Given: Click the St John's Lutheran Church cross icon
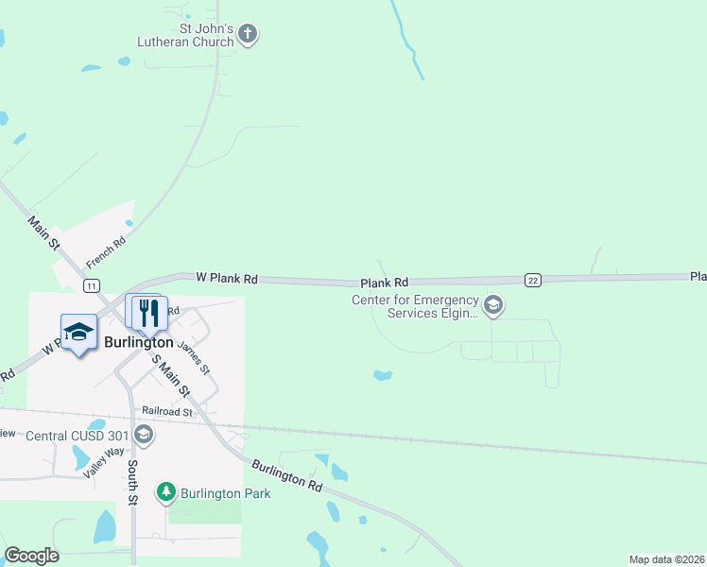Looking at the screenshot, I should (248, 35).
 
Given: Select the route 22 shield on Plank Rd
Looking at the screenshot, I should (533, 280).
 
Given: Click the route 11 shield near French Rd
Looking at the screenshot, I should (91, 284).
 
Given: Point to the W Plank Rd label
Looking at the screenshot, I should (227, 278).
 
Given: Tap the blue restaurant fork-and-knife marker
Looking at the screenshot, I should (146, 312).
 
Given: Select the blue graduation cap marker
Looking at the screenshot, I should (79, 332).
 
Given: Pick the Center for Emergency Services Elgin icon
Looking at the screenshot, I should (492, 305).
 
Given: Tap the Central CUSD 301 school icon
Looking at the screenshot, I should (144, 435).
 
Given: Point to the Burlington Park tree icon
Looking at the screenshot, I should (166, 492).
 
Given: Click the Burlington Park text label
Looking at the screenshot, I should (227, 493).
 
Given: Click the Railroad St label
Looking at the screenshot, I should (167, 412).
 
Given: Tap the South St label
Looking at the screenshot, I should (133, 482).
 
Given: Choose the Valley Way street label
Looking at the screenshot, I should (103, 462).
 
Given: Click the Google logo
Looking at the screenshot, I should (31, 556).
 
